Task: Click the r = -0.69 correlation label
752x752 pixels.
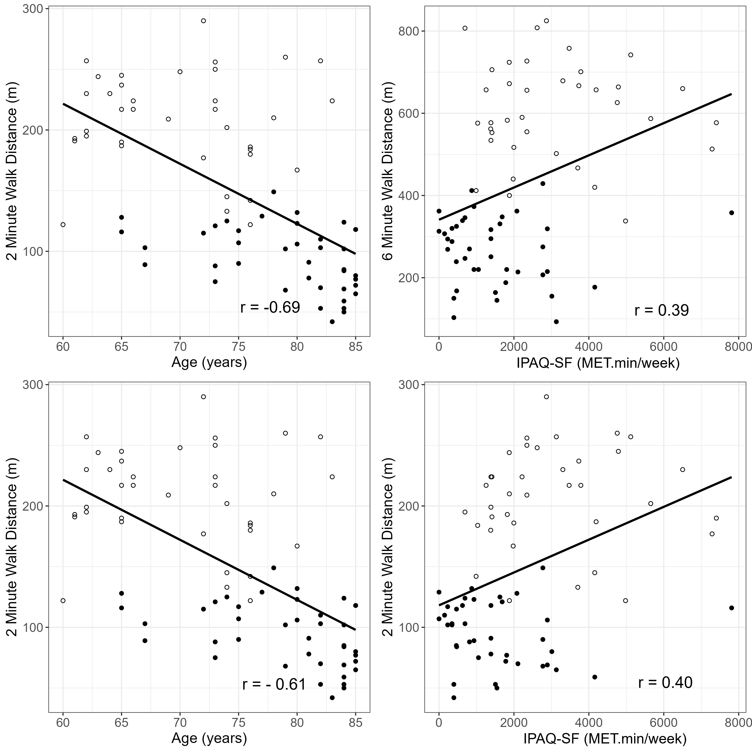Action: point(270,308)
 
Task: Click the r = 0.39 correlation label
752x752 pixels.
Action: point(661,310)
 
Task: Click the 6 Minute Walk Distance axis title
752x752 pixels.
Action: point(388,171)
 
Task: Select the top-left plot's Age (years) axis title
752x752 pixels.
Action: point(209,362)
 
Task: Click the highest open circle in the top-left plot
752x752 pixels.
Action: point(203,21)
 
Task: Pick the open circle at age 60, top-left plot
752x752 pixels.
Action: point(63,225)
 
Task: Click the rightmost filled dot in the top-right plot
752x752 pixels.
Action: point(731,213)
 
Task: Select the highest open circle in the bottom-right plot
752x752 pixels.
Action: point(546,397)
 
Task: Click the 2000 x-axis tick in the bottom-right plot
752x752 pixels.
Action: point(514,722)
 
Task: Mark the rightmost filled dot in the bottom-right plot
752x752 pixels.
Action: point(731,608)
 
